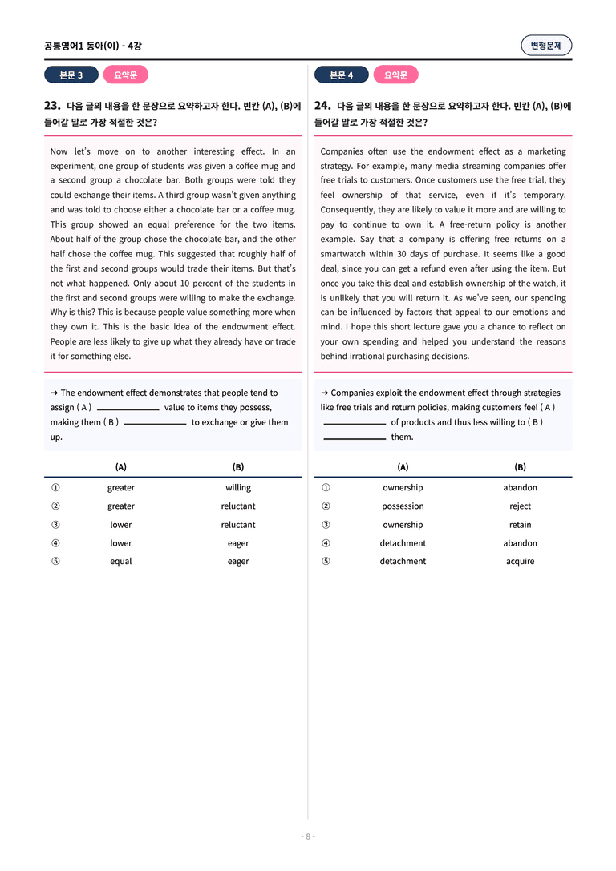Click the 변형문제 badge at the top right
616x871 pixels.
coord(546,46)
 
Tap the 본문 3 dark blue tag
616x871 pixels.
coord(71,75)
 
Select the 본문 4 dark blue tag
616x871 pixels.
coord(342,75)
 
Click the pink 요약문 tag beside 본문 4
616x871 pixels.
coord(395,75)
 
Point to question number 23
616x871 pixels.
coord(52,105)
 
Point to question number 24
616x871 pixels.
coord(322,105)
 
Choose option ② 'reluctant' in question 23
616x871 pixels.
coord(238,506)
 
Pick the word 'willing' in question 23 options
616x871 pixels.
coord(238,488)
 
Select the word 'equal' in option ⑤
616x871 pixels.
coord(121,562)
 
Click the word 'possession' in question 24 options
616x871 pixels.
coord(403,506)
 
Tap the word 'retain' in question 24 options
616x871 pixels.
coord(520,525)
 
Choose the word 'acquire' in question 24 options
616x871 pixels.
coord(520,562)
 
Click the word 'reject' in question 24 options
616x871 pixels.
coord(520,506)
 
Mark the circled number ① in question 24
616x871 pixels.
coord(326,488)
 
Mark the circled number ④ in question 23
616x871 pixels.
coord(55,543)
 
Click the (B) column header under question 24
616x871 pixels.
coord(520,467)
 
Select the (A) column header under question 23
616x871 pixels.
coord(121,467)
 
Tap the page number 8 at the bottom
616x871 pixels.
coord(308,837)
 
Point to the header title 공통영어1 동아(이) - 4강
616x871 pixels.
coord(93,46)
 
